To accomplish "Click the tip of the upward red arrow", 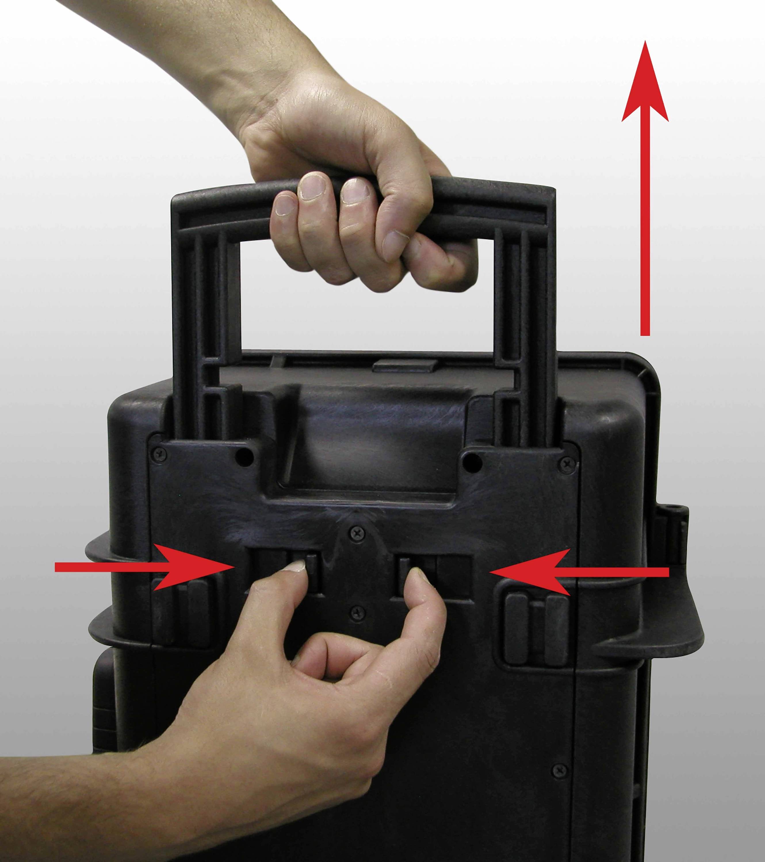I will [645, 42].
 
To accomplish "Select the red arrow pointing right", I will [144, 567].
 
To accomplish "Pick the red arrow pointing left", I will [578, 572].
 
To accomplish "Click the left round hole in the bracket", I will [242, 459].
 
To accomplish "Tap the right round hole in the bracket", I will [472, 463].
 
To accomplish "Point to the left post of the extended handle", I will [203, 337].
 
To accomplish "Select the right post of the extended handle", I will [523, 337].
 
